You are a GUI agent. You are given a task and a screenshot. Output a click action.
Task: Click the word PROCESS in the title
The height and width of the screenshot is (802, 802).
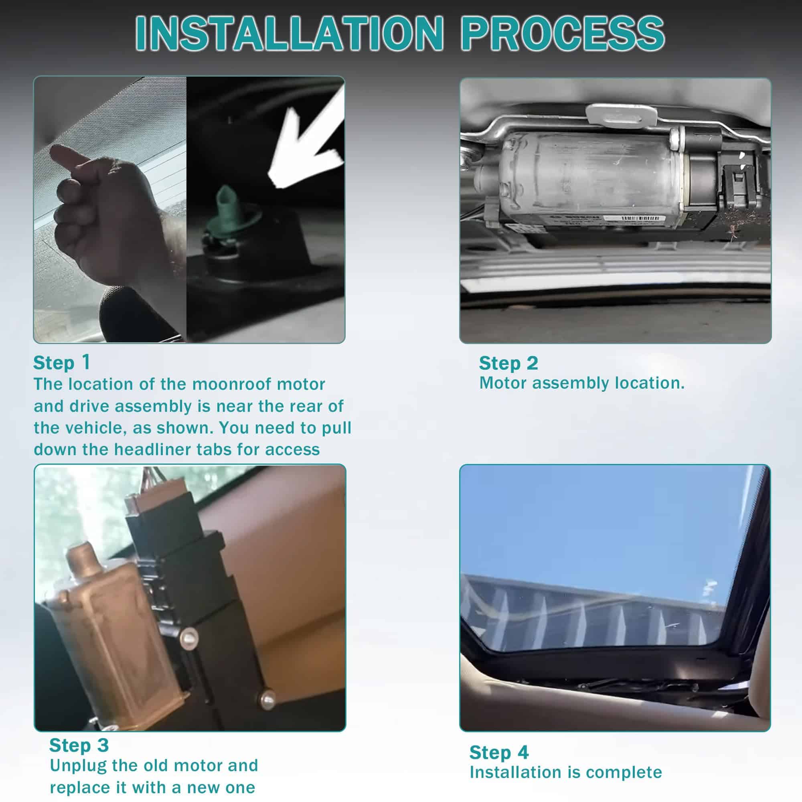pos(563,34)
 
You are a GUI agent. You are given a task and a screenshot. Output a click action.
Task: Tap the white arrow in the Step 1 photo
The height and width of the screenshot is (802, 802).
pos(308,141)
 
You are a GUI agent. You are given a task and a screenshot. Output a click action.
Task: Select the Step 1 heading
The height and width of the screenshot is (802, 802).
pos(61,363)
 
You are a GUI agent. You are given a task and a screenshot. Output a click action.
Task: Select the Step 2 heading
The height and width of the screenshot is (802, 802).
pos(508,363)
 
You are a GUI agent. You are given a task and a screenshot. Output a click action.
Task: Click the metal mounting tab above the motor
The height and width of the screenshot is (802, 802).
pos(622,114)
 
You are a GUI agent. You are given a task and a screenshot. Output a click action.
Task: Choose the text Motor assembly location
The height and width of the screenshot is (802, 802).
pos(582,383)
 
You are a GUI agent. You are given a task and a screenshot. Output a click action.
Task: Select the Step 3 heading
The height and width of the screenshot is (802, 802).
pos(79,745)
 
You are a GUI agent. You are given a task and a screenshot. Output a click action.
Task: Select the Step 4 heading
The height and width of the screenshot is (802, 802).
pos(499,753)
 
